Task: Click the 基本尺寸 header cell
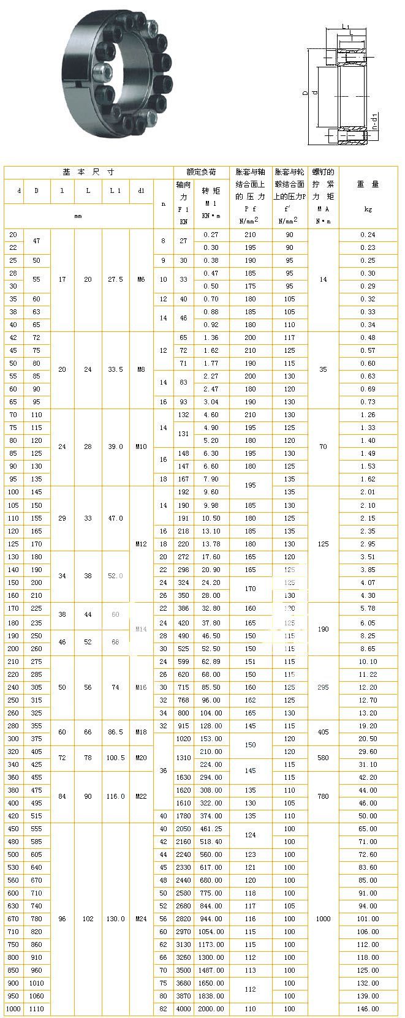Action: pos(88,172)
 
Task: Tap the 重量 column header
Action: pos(368,184)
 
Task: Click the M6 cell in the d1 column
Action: pos(142,279)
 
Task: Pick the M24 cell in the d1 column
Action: pos(142,919)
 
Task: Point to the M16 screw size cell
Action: pos(142,687)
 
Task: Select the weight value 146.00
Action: pos(368,1009)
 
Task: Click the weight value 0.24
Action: pos(368,235)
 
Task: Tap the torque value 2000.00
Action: pos(211,1009)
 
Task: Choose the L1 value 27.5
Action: pos(115,279)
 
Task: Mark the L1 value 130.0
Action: pos(115,919)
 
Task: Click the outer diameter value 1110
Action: pos(37,1009)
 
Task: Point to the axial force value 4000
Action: pos(184,1009)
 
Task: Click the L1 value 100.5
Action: pos(115,758)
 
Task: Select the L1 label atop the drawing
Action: pos(346,27)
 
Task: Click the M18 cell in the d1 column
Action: pos(142,732)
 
